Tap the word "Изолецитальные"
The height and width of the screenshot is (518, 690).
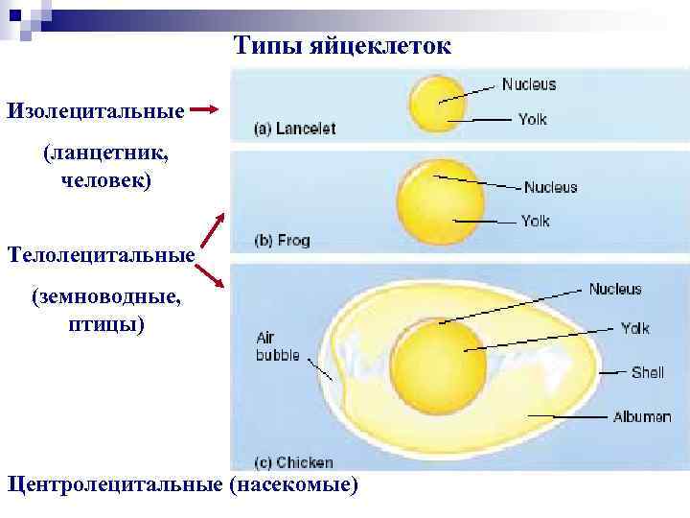(96, 110)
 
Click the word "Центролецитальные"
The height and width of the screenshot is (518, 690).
(115, 483)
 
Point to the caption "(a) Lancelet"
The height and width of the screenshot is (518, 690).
(294, 129)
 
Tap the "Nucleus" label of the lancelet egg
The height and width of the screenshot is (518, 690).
(528, 84)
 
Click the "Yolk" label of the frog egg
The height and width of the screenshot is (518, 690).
(535, 221)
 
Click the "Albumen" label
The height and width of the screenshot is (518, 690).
(641, 416)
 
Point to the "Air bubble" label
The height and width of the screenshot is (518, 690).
(278, 346)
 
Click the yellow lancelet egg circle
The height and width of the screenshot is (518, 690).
(435, 105)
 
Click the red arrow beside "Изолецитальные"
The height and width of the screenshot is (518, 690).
(206, 109)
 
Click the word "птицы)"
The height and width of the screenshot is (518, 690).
(106, 324)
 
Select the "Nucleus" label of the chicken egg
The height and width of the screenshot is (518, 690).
(614, 289)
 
